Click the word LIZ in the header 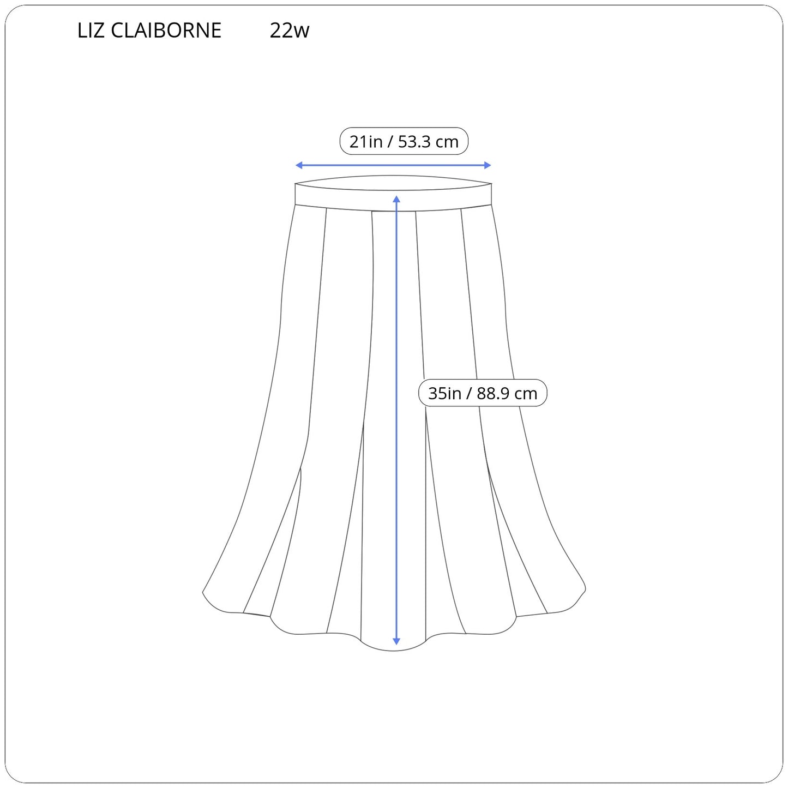pos(91,30)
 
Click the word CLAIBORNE pos(166,30)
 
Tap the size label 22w pos(290,30)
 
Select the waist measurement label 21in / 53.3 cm pos(404,141)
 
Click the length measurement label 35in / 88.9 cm pos(483,393)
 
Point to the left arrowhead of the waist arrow pos(299,165)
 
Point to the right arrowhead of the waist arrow pos(488,165)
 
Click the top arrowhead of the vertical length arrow pos(396,198)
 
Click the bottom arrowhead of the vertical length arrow pos(396,642)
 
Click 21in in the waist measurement pos(366,141)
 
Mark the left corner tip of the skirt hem pos(203,592)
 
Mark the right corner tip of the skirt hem pos(585,590)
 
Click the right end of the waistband pos(491,194)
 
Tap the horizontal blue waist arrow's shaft pos(393,165)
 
